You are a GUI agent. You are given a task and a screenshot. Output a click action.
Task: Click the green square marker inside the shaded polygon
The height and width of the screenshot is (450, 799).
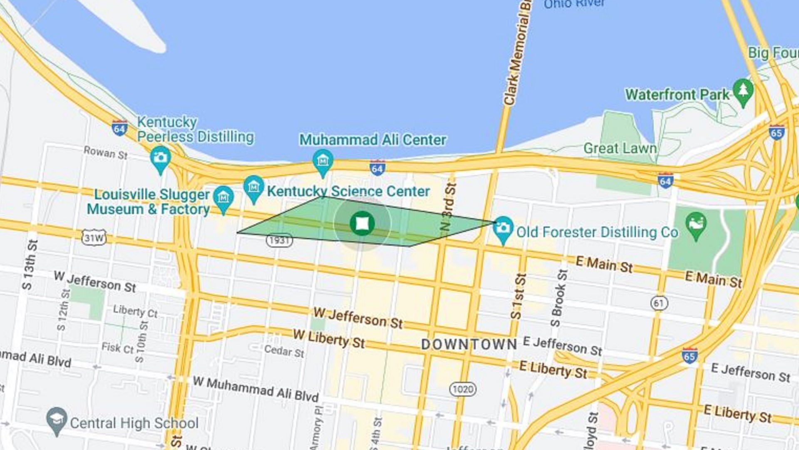point(362,224)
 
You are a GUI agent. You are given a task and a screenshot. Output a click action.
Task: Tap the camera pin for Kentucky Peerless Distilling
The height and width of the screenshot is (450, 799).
point(160,158)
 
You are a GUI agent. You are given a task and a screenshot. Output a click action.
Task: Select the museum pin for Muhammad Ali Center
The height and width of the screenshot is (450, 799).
point(323,161)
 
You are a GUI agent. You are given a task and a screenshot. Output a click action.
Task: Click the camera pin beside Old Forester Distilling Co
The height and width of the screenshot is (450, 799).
point(503,228)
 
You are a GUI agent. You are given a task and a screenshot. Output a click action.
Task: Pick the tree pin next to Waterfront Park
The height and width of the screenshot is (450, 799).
point(743,90)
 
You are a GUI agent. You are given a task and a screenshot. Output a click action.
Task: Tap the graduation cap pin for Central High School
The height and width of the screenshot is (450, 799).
point(57,419)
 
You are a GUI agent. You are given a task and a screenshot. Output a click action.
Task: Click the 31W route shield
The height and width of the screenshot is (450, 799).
point(94,238)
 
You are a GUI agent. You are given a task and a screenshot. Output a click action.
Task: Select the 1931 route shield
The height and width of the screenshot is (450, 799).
point(279,240)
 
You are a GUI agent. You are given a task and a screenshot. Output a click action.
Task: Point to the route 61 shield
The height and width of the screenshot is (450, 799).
point(659,303)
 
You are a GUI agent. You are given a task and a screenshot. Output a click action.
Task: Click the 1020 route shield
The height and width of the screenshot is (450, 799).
point(463,389)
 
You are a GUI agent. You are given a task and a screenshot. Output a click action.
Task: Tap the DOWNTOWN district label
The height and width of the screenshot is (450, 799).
point(469,345)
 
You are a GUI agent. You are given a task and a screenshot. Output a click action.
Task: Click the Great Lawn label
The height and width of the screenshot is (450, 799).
point(620,148)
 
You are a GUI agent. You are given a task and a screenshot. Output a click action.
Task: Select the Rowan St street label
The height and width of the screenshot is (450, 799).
point(105,152)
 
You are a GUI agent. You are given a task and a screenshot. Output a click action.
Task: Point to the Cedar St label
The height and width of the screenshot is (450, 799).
point(284,351)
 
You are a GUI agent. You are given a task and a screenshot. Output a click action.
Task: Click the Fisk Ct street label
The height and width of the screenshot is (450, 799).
point(118,347)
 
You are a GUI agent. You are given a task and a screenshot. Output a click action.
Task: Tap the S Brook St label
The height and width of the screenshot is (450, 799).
point(558,298)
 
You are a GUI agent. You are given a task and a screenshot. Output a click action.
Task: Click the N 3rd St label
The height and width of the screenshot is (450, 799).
point(448,207)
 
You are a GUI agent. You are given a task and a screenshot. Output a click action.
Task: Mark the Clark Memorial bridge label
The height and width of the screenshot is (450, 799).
point(518,54)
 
